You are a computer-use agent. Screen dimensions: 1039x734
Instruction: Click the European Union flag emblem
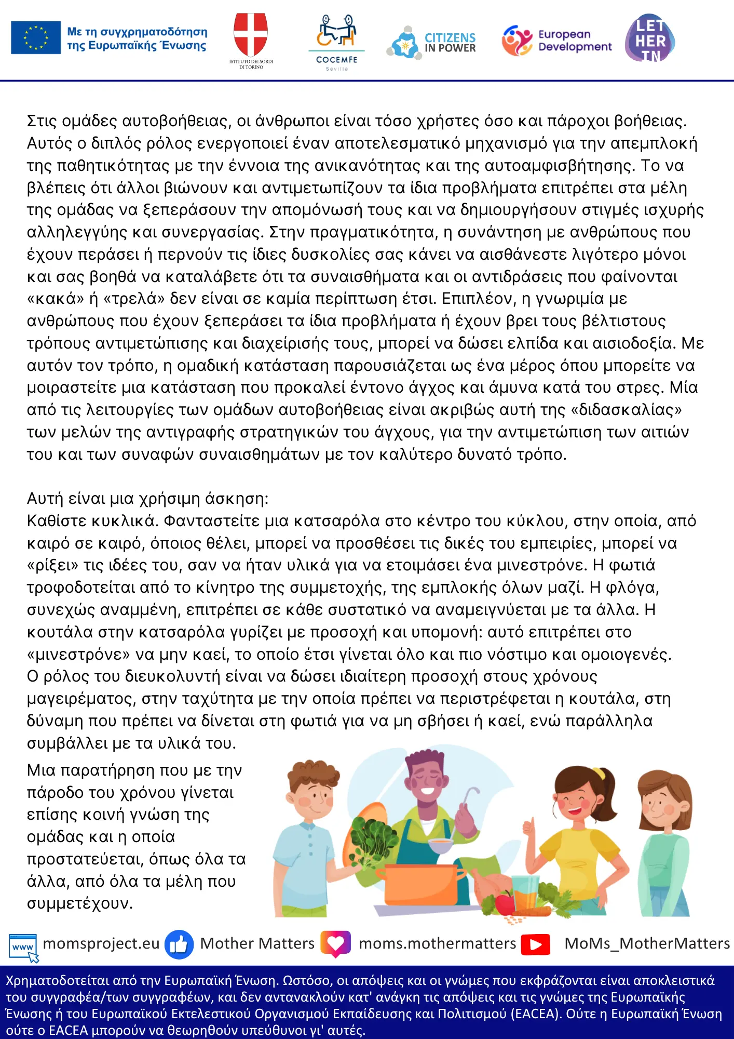click(36, 37)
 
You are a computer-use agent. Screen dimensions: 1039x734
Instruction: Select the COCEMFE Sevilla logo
click(336, 42)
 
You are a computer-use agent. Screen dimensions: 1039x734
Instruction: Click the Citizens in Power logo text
click(450, 43)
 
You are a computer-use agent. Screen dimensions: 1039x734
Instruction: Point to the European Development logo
click(556, 41)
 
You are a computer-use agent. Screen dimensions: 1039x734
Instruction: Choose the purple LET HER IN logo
click(650, 38)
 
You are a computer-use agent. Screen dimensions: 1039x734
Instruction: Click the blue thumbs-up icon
click(179, 944)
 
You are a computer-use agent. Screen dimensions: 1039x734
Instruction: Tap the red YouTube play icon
click(536, 944)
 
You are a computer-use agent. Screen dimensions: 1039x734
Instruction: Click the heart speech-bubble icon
click(335, 943)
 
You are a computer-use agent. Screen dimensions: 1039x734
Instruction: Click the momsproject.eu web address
click(101, 943)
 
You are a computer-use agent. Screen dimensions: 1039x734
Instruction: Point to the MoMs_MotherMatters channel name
click(647, 943)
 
